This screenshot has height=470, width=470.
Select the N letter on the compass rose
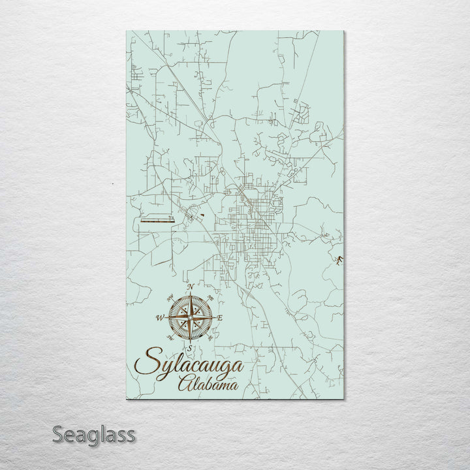tap(189, 287)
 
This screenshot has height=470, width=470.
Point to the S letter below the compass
tap(189, 347)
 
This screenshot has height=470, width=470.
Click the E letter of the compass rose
tap(220, 318)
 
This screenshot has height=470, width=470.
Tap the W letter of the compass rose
tap(159, 318)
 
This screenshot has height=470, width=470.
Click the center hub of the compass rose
tap(189, 317)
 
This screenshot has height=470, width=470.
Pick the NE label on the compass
tap(210, 298)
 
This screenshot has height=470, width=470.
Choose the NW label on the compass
tap(170, 298)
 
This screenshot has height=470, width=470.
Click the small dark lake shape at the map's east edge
tap(339, 262)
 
